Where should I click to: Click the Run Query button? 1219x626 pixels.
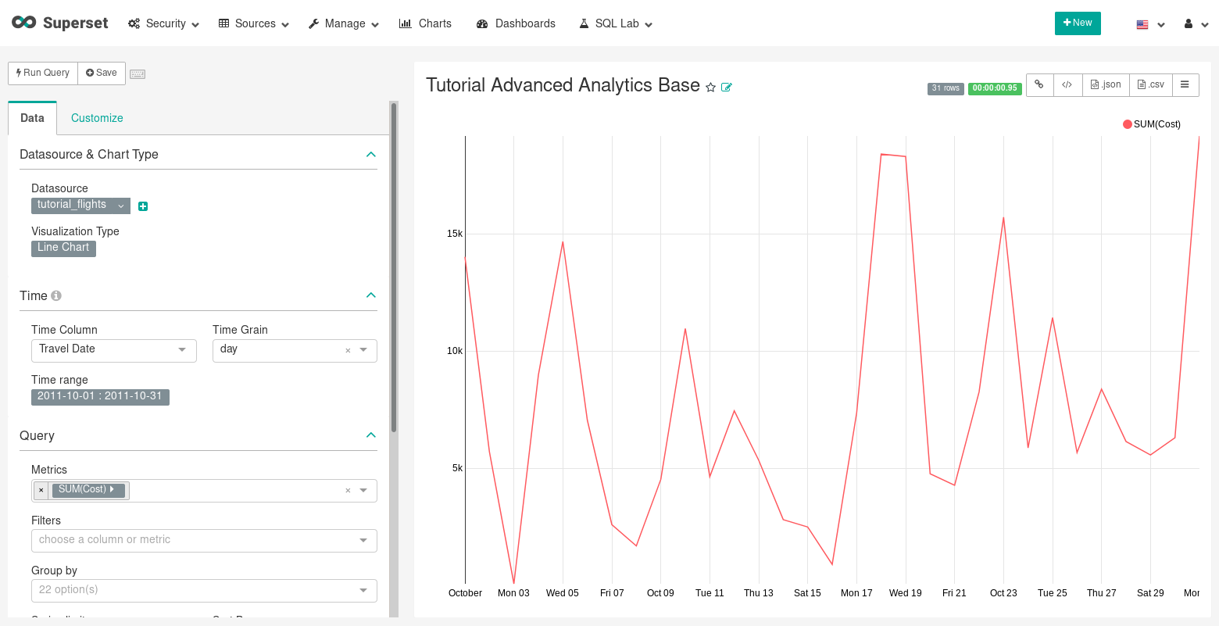click(x=43, y=73)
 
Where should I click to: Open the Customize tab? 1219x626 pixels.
click(x=97, y=118)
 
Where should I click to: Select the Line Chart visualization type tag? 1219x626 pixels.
click(x=63, y=248)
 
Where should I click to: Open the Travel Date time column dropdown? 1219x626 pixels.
click(x=113, y=349)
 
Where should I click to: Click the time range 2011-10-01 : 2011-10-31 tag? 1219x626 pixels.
click(x=100, y=396)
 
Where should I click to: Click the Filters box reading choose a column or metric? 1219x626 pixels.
click(x=203, y=540)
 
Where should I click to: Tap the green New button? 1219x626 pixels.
click(x=1078, y=23)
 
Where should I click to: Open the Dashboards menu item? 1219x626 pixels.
click(x=516, y=23)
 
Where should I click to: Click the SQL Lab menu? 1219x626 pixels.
click(x=616, y=23)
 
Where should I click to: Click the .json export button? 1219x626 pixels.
click(x=1106, y=84)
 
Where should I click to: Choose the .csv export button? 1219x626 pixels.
click(x=1151, y=84)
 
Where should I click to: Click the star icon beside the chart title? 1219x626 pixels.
click(x=710, y=88)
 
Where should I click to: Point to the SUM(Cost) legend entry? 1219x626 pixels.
click(x=1152, y=124)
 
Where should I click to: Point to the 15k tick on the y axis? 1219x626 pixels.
click(x=454, y=234)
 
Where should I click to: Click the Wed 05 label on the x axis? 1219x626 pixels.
click(x=563, y=593)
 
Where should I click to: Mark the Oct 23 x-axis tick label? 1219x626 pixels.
click(x=1003, y=593)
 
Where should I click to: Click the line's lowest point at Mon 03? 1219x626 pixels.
click(x=514, y=583)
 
